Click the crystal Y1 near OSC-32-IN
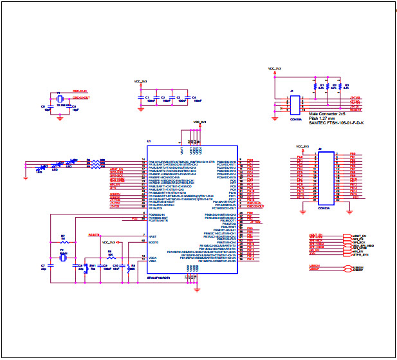click(59, 101)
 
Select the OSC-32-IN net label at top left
click(80, 92)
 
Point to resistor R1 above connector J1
click(315, 87)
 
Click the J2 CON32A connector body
click(326, 177)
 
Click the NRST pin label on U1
click(152, 237)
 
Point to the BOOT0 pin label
click(153, 242)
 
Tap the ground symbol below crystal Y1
click(59, 117)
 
